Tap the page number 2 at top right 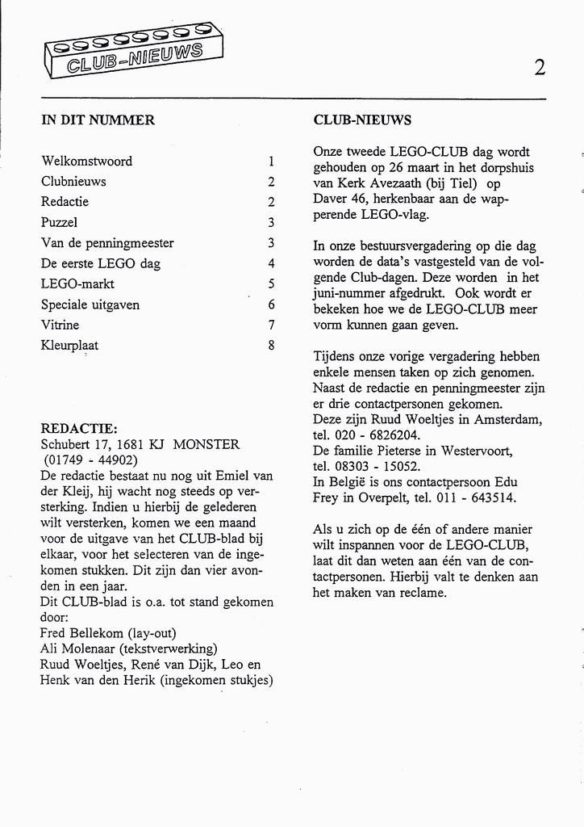tap(540, 68)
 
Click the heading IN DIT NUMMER tap(98, 120)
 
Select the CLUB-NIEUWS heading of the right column tap(362, 120)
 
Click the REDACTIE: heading tap(79, 428)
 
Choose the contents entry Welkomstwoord tap(86, 161)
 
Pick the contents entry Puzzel tap(59, 222)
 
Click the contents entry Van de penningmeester tap(107, 242)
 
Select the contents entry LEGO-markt tap(77, 283)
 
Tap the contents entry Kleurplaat tap(70, 345)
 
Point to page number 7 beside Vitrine tap(272, 325)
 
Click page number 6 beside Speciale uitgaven tap(272, 304)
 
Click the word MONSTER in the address tap(206, 444)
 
